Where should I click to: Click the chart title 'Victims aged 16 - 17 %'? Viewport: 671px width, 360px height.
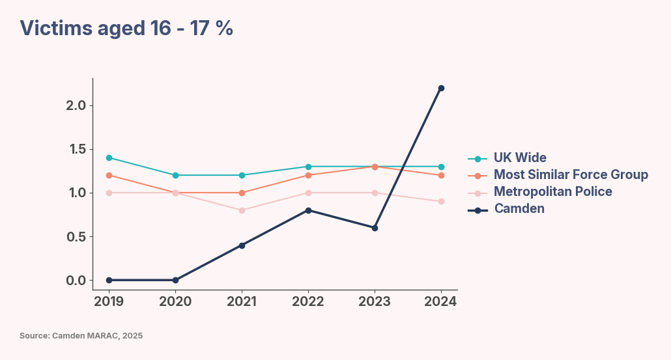(126, 28)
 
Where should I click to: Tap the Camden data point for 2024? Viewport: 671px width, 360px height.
(441, 88)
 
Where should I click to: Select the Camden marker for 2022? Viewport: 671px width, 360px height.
(308, 210)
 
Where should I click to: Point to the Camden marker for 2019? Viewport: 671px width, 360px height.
(109, 280)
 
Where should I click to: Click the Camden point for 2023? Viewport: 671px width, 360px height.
(375, 228)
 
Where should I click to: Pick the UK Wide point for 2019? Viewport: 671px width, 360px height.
(109, 158)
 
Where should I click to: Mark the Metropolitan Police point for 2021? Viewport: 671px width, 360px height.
(242, 210)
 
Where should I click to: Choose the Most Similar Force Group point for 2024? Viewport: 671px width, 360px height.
(441, 175)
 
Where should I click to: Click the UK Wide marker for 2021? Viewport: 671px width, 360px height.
(242, 175)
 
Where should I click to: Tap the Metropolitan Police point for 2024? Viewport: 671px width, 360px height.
(441, 201)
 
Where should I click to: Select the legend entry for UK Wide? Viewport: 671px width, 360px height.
(519, 158)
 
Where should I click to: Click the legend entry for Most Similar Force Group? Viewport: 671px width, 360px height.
(570, 174)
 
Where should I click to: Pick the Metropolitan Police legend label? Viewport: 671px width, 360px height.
(552, 191)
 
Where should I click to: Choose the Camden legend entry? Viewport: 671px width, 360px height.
(519, 208)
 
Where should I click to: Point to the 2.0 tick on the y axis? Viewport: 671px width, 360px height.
(80, 105)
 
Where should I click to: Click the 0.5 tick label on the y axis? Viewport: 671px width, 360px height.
(80, 236)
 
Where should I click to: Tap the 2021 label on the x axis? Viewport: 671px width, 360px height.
(242, 301)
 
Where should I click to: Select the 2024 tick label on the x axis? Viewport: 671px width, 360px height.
(441, 301)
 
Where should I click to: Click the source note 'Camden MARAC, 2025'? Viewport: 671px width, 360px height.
(81, 336)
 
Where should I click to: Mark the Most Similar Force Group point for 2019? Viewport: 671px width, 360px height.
(109, 175)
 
